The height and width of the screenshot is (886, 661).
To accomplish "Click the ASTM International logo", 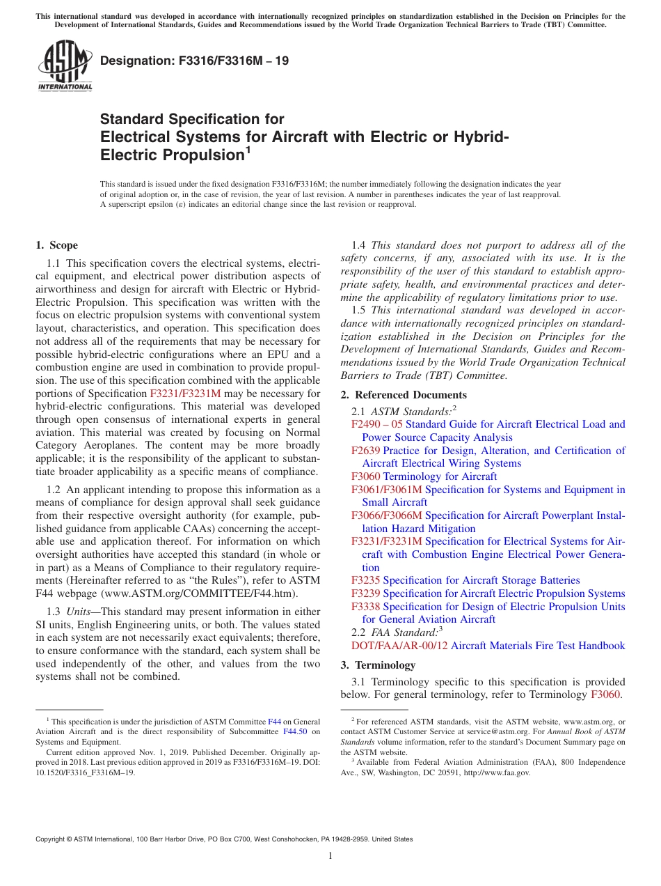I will tap(65, 67).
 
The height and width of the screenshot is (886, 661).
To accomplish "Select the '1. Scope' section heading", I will tap(56, 245).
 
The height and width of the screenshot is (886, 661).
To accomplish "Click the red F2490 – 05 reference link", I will tap(377, 424).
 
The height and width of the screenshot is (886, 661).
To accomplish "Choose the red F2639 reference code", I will tap(366, 451).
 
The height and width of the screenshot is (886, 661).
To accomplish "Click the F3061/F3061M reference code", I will tap(387, 490).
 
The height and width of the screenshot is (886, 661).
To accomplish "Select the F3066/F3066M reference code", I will tap(387, 515).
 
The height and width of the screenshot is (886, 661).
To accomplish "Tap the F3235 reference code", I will tap(366, 580).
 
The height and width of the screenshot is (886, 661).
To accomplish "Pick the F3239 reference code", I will tap(366, 593).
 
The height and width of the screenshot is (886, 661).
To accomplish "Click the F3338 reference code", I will tap(366, 607).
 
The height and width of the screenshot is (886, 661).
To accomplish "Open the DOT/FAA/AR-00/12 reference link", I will tap(400, 646).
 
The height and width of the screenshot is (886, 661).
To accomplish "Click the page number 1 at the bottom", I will tap(330, 856).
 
